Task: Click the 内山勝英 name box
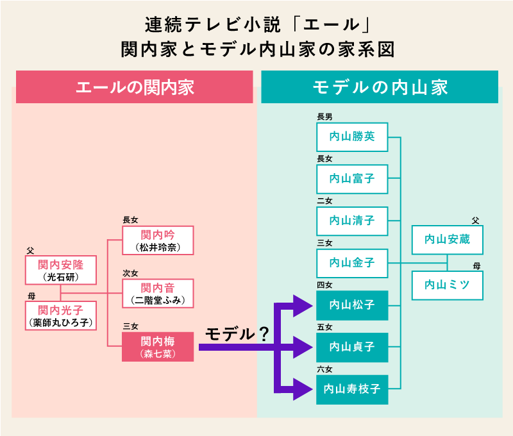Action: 352,137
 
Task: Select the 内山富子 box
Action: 352,179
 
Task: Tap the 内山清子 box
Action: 352,221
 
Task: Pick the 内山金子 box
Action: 352,262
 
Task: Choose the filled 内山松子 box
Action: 352,305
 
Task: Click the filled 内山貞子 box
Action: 352,347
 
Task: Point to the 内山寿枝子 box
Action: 352,389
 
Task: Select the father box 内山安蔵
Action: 447,240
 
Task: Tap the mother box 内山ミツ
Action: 447,285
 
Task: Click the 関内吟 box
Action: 157,240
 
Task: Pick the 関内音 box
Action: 157,293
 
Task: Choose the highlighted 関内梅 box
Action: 157,346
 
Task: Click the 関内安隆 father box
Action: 60,270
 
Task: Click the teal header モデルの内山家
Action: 380,88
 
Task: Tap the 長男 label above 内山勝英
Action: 324,117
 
